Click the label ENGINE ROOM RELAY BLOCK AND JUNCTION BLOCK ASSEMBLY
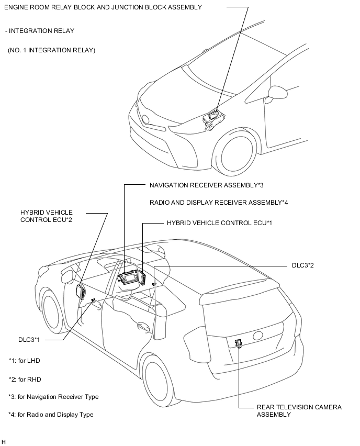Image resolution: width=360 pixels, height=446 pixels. click(103, 7)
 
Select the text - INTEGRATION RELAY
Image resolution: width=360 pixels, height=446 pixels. click(39, 31)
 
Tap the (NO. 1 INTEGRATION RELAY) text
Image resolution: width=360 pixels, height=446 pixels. click(51, 50)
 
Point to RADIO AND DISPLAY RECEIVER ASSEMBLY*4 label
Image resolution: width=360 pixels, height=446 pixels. click(219, 202)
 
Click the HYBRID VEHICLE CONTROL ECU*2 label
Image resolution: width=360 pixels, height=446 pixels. click(47, 216)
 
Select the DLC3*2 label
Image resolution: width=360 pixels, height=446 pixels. click(302, 265)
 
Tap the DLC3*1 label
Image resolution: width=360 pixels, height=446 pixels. click(29, 340)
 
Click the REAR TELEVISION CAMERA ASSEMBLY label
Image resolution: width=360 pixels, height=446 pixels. click(299, 411)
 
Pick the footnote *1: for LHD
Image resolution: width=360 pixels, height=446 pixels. click(24, 361)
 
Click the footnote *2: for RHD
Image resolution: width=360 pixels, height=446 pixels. click(25, 380)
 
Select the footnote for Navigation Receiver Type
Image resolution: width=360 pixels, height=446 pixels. click(53, 397)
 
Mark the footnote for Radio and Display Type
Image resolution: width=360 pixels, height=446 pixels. click(51, 415)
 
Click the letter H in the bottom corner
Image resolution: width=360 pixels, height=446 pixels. click(4, 442)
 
